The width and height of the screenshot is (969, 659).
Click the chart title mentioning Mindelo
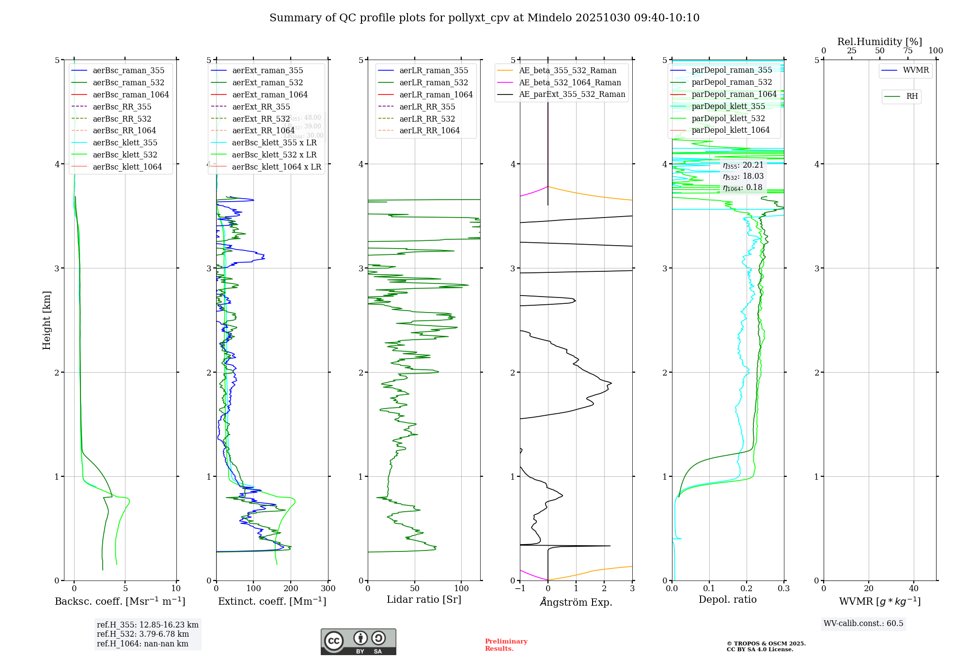click(x=484, y=18)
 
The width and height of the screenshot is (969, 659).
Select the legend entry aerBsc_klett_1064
click(x=127, y=167)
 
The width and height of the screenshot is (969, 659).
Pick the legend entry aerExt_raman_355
click(x=267, y=70)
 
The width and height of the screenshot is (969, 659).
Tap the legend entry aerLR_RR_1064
click(x=429, y=130)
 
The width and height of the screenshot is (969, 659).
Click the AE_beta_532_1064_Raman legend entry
click(x=570, y=82)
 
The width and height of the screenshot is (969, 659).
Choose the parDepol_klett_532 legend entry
click(x=728, y=118)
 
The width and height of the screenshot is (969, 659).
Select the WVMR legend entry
click(x=916, y=70)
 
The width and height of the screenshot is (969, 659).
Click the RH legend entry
click(x=912, y=96)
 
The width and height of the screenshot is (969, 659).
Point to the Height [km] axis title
click(x=47, y=320)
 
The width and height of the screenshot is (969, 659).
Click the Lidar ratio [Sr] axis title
click(x=424, y=599)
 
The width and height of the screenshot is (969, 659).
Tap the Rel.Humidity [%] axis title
click(x=879, y=42)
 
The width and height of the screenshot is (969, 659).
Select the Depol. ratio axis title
click(x=727, y=599)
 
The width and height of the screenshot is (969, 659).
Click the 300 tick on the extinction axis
click(x=328, y=588)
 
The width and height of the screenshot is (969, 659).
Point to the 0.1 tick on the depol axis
click(x=709, y=588)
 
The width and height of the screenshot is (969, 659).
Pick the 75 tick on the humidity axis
click(x=907, y=51)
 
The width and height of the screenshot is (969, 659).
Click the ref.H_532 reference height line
click(x=142, y=634)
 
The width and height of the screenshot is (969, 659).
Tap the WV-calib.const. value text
click(x=863, y=623)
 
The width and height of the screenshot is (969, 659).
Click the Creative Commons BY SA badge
click(x=358, y=642)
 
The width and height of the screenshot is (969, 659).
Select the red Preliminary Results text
click(x=506, y=644)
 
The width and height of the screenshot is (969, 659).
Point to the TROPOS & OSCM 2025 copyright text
click(x=766, y=646)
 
